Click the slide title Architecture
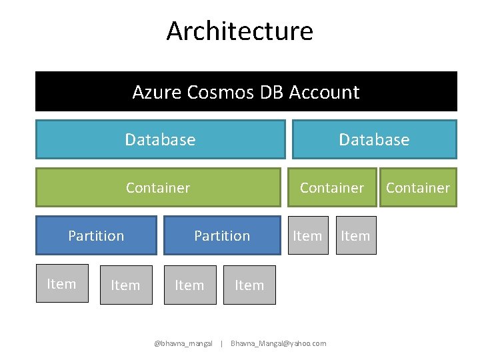[x=239, y=31]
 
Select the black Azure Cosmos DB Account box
[x=246, y=91]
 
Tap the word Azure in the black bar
[x=155, y=92]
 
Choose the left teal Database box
[x=160, y=139]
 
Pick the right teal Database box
[x=374, y=139]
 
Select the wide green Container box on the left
[x=158, y=187]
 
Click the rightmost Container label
[x=418, y=188]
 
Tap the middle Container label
[x=331, y=188]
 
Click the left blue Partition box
[x=96, y=235]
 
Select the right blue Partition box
[x=222, y=235]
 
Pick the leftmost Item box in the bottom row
[x=61, y=284]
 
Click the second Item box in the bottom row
[x=125, y=285]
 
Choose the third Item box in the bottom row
[x=189, y=285]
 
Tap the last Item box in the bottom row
[x=249, y=285]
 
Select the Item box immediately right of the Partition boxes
[x=307, y=235]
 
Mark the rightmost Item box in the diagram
[x=355, y=235]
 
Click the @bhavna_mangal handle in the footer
[x=183, y=343]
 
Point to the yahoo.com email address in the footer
[x=278, y=343]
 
